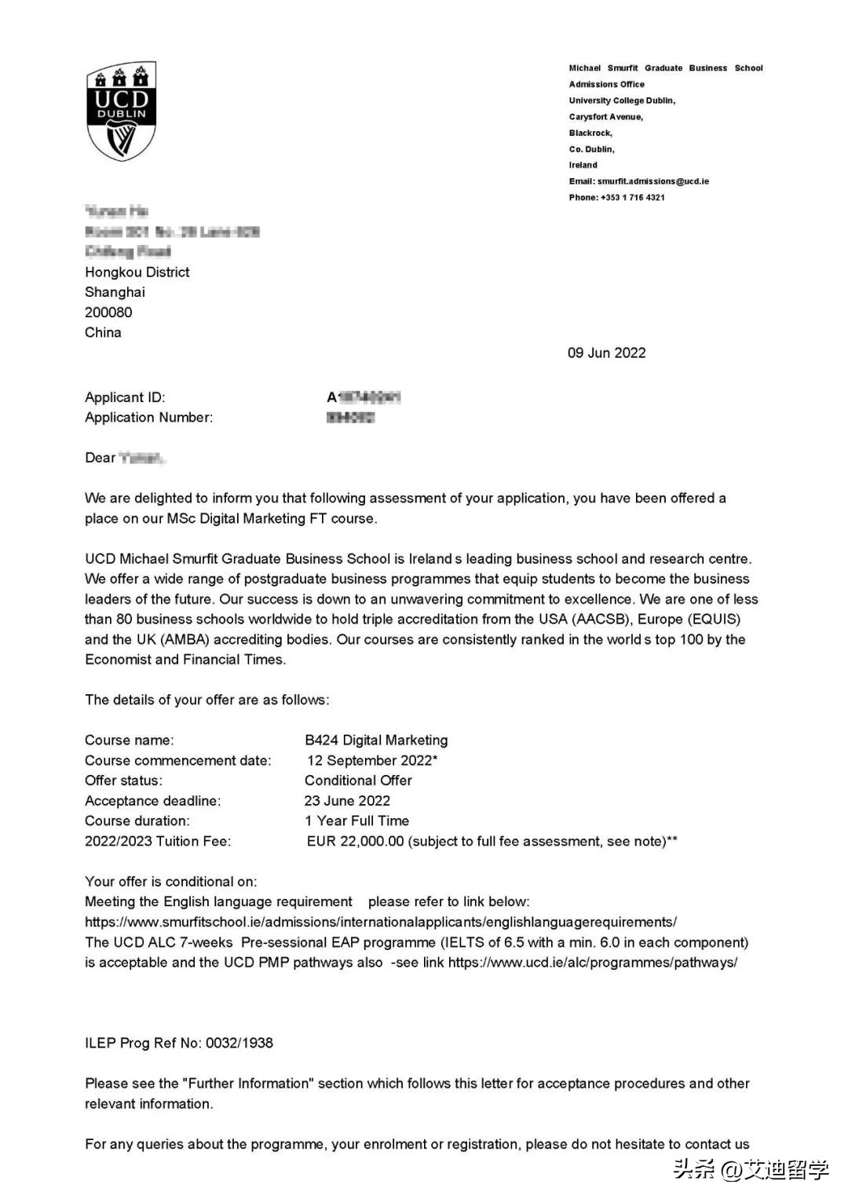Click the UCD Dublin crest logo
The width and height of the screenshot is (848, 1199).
[121, 111]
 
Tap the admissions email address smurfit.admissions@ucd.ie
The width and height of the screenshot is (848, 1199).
[652, 181]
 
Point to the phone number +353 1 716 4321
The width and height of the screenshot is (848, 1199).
[632, 198]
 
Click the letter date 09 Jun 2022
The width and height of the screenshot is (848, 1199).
[606, 353]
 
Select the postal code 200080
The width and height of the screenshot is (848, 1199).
[108, 313]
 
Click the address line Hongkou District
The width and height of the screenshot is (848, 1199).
[137, 272]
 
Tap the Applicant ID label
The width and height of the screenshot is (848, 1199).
[125, 397]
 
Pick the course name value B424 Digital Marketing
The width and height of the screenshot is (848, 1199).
[376, 740]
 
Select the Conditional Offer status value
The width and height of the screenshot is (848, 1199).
[358, 780]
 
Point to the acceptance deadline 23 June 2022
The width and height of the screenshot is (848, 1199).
[347, 801]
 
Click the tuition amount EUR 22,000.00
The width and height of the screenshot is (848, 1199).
[355, 842]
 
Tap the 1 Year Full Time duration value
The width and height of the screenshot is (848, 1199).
[357, 821]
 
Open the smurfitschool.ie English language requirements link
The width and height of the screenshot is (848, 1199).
[381, 923]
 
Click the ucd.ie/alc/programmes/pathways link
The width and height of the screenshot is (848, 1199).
[593, 963]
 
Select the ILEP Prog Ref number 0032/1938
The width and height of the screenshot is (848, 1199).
[239, 1044]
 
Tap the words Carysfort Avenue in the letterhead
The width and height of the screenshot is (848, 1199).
[605, 117]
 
